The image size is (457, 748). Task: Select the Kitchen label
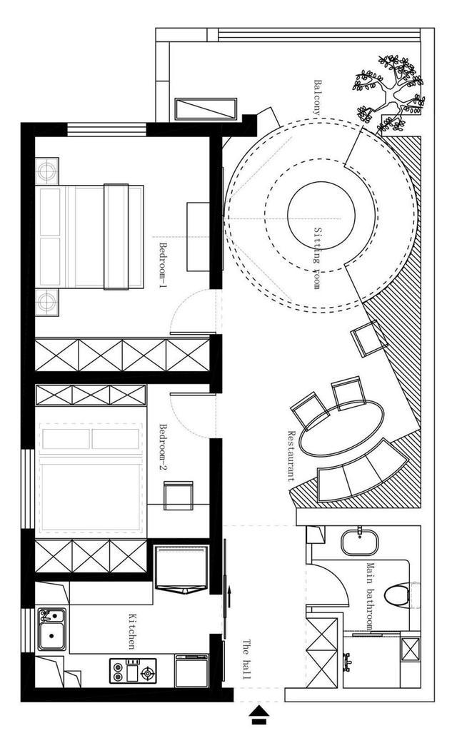pos(131,631)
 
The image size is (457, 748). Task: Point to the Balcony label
pos(317,97)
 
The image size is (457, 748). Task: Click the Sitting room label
pos(317,258)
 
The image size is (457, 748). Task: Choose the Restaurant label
pos(291,455)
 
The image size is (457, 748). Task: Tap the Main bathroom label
pos(371,596)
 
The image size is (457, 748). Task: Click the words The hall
pos(246,659)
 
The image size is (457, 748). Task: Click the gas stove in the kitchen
pos(133,671)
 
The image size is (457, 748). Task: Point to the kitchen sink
pos(52,629)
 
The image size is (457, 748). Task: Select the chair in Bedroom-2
pos(179,495)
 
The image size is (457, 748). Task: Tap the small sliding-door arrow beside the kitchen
pos(230,596)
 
